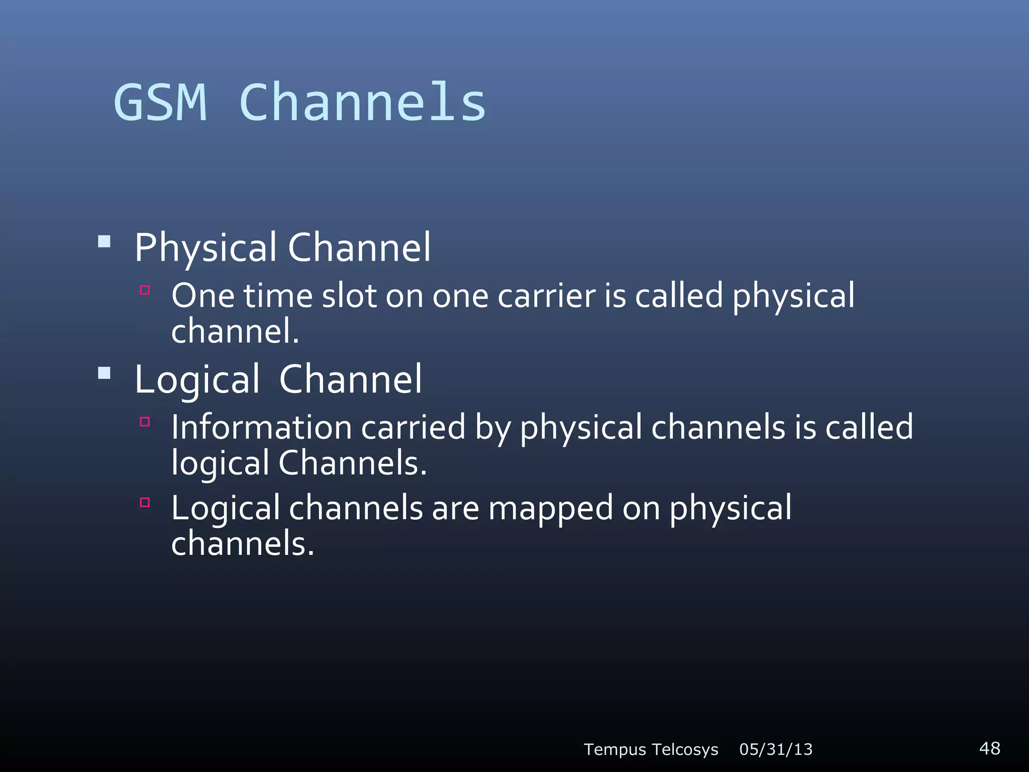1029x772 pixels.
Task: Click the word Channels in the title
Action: pos(362,103)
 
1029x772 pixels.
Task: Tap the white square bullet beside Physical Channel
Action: pos(104,242)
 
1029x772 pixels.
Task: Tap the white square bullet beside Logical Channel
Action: pos(104,373)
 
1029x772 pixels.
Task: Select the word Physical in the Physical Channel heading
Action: pos(205,248)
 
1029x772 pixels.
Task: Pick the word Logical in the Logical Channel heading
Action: pos(197,380)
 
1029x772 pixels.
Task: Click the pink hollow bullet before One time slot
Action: pos(145,290)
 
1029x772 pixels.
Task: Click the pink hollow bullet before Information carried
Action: pos(145,422)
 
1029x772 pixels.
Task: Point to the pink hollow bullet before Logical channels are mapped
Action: pos(145,502)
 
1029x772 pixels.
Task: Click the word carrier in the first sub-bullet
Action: pos(546,296)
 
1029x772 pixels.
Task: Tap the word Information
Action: pos(261,428)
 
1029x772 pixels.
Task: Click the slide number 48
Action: pos(989,748)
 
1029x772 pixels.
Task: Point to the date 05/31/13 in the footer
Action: pos(776,749)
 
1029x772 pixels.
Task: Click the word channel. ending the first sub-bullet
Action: pos(235,332)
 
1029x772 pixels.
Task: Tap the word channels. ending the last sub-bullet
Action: pos(242,544)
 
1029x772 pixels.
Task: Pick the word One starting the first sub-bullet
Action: pos(202,296)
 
